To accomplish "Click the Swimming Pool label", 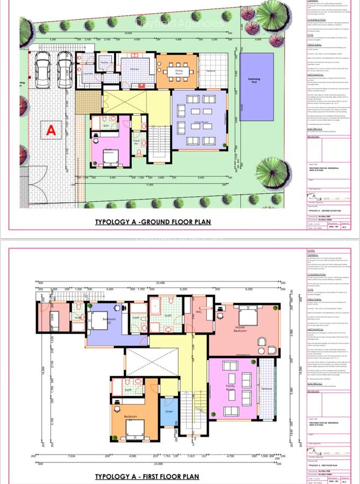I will coord(255,79).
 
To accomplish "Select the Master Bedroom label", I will coord(239,344).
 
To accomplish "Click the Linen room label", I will coord(168,412).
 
